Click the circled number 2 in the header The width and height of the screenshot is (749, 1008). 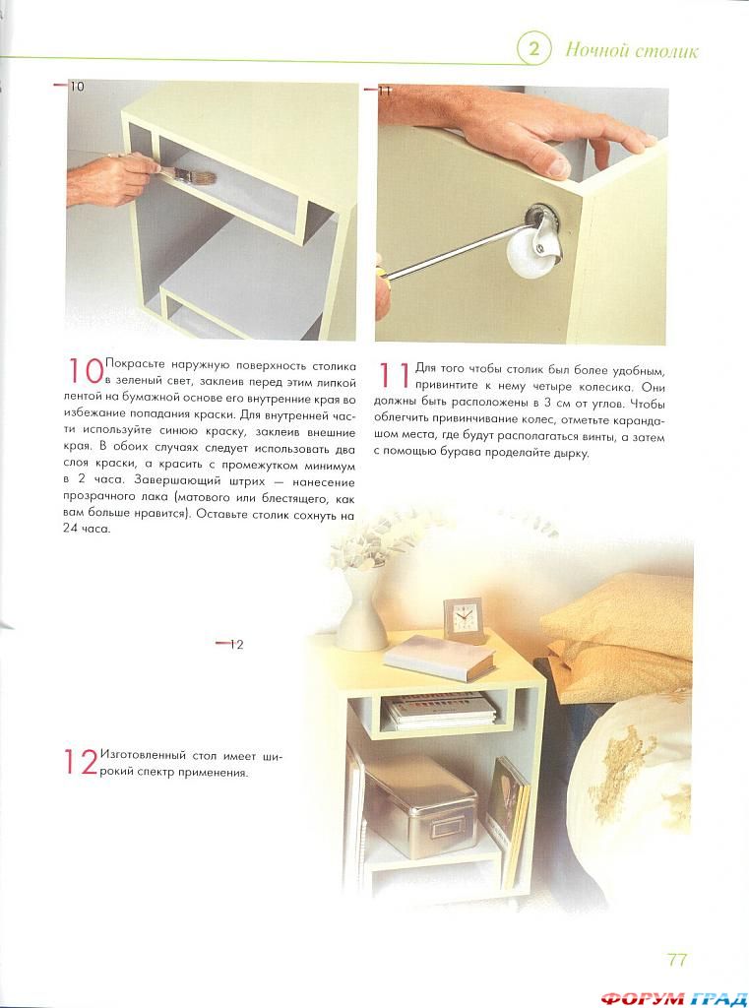[x=534, y=49]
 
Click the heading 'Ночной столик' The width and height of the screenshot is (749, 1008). [x=631, y=51]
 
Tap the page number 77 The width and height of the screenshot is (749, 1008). [x=677, y=960]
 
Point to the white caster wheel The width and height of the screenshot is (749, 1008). [x=533, y=247]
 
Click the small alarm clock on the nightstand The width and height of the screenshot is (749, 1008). [x=465, y=619]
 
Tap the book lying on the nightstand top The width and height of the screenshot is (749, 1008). [x=440, y=658]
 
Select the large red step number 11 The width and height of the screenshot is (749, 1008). [x=394, y=375]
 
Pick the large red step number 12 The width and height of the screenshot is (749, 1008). [x=81, y=762]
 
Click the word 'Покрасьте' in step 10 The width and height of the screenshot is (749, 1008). [x=135, y=366]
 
